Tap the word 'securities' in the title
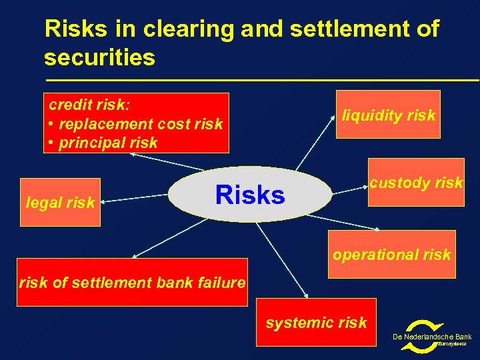click(x=99, y=58)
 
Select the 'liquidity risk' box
click(x=388, y=115)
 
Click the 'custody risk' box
click(x=416, y=183)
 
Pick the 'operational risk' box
click(x=391, y=254)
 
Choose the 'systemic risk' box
click(x=316, y=323)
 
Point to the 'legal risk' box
click(x=60, y=202)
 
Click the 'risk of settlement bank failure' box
click(x=132, y=283)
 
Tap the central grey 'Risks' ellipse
click(x=250, y=194)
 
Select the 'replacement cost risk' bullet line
click(x=136, y=124)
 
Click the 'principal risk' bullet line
click(x=103, y=143)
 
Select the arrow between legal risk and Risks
click(x=134, y=197)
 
